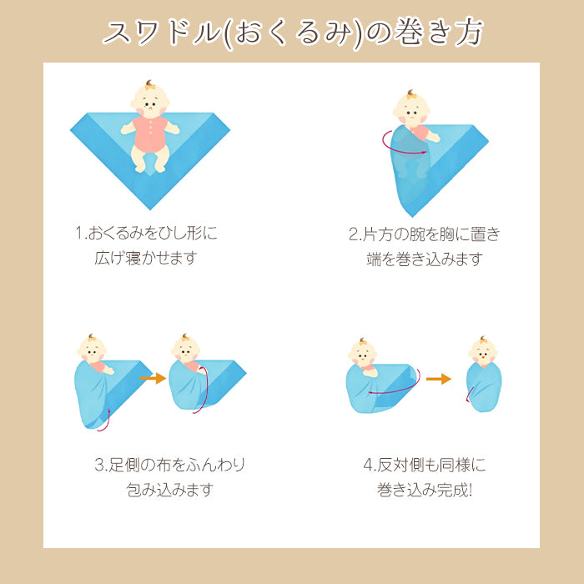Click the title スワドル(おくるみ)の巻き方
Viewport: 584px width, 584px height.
click(x=293, y=33)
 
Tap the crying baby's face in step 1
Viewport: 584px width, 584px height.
click(x=150, y=101)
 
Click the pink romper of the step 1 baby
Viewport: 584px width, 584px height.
click(x=149, y=134)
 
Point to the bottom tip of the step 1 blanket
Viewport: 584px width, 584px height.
click(x=150, y=209)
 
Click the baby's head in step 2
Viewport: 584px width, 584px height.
click(x=411, y=108)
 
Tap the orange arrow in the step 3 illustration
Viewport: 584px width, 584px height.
click(x=153, y=379)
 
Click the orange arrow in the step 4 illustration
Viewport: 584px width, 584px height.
click(x=438, y=379)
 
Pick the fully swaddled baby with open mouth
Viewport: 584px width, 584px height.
click(x=483, y=375)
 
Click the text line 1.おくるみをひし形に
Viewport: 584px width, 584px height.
click(x=146, y=233)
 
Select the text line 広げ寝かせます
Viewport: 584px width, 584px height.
click(x=146, y=258)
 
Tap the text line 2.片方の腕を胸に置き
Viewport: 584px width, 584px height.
click(x=424, y=234)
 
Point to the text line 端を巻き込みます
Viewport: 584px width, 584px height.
click(x=425, y=259)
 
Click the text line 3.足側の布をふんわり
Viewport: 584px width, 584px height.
click(x=170, y=465)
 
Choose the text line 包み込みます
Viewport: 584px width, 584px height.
click(x=170, y=490)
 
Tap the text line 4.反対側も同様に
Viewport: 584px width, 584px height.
click(x=425, y=465)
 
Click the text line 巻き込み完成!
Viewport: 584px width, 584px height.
click(x=425, y=490)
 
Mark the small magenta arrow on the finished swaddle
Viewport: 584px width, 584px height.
click(x=469, y=395)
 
